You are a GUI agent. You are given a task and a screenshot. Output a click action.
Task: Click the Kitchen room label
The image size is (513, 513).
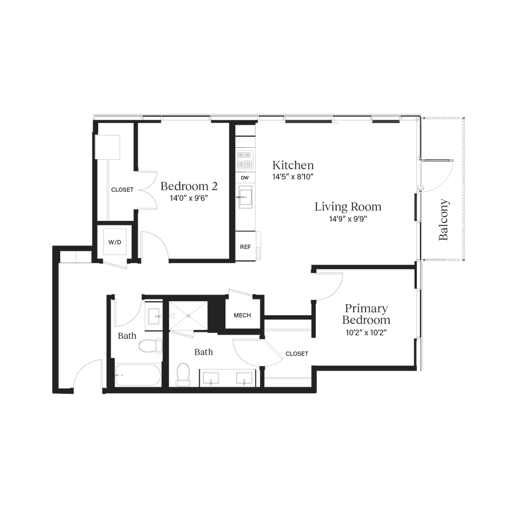(x=293, y=165)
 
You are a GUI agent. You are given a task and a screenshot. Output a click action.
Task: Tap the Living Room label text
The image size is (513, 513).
(x=348, y=206)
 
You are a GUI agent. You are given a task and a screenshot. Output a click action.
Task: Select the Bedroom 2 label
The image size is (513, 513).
(x=189, y=186)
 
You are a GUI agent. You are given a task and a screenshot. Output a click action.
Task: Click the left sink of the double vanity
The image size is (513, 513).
(x=210, y=378)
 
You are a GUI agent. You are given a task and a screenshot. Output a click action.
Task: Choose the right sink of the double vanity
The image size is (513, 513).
(x=245, y=378)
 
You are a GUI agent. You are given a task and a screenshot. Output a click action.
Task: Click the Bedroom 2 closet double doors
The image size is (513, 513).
(x=145, y=189)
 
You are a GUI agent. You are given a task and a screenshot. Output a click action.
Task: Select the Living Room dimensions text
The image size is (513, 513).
(x=348, y=218)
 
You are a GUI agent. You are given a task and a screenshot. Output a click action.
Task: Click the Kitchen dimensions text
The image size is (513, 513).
(x=293, y=176)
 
